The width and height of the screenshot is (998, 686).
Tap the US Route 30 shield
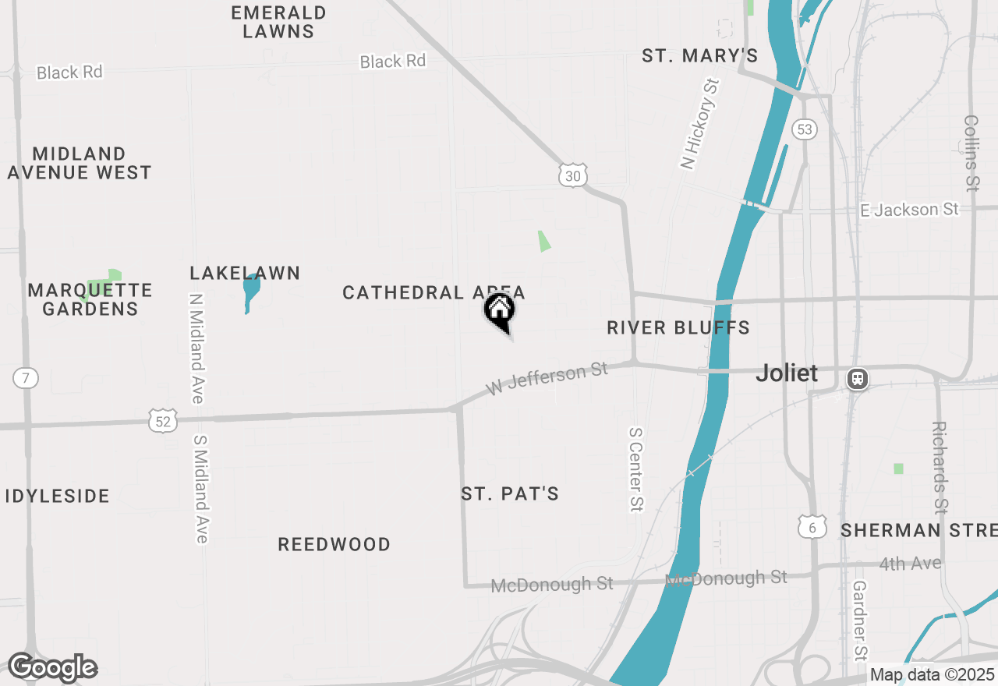pos(572,175)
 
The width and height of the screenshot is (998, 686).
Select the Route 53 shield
pos(805,129)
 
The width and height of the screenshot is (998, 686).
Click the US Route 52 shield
pos(163,421)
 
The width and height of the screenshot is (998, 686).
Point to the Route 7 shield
pos(26,379)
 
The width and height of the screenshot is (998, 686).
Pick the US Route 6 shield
pos(812,526)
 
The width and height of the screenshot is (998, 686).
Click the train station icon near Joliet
pos(858,380)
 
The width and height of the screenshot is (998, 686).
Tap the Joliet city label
pos(787,373)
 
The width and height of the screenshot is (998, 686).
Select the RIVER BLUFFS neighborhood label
pos(678,327)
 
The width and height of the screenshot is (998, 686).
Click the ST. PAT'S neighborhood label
pos(510,493)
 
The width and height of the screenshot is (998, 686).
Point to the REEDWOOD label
pos(334,544)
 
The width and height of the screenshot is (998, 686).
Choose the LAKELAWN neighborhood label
pos(245,273)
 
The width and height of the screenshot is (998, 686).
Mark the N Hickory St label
pos(699,123)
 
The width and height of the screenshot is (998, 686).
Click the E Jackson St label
pos(909,210)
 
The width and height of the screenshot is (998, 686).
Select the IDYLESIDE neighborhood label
pos(58,496)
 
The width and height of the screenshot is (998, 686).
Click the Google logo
pos(52,667)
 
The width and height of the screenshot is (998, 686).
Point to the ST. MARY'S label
pos(699,55)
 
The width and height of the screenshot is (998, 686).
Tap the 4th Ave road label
pos(910,563)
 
